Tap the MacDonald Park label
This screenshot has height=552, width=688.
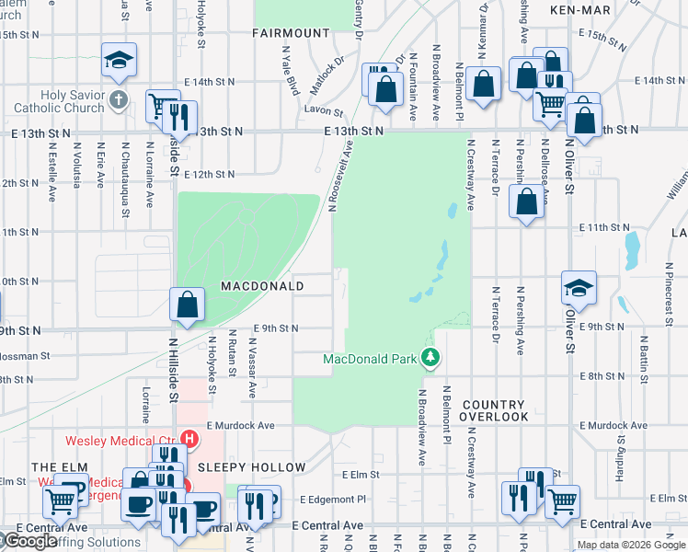click(371, 358)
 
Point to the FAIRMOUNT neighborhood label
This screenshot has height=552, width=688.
click(291, 33)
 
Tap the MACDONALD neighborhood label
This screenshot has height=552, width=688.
click(262, 286)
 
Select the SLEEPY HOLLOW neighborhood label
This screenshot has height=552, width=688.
click(262, 467)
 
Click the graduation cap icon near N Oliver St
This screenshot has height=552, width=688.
click(579, 289)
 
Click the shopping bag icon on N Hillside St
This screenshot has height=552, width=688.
click(187, 305)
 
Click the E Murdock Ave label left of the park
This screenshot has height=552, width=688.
click(241, 426)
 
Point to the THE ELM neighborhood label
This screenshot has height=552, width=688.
click(46, 467)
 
